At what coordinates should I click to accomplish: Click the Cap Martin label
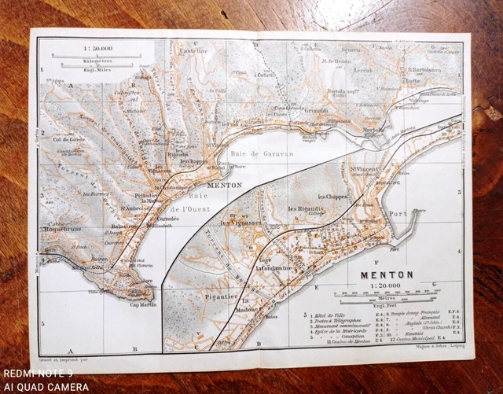[139, 306]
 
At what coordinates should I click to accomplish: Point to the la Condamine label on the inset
[274, 268]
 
